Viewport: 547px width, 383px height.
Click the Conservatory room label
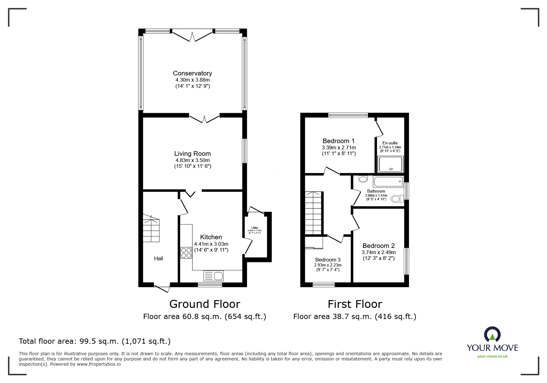point(192,73)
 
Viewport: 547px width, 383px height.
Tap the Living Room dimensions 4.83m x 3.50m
point(192,160)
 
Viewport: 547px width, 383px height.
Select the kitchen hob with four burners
point(186,253)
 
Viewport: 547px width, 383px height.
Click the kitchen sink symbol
point(213,275)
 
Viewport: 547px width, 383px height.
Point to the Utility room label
point(255,228)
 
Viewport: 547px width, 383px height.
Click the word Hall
point(158,258)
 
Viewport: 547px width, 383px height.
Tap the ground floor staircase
point(151,229)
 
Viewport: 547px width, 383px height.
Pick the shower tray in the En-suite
point(391,164)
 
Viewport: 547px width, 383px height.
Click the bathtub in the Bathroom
point(388,181)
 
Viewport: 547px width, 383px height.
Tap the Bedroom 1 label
point(339,141)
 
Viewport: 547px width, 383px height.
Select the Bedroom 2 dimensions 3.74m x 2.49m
point(378,252)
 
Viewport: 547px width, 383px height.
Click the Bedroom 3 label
point(328,260)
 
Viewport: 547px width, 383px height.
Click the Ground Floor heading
point(204,304)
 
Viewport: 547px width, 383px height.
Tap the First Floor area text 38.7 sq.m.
point(355,317)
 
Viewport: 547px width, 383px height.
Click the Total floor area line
point(95,341)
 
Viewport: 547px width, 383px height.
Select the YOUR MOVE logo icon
point(492,334)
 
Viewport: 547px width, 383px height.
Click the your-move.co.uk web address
point(492,356)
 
